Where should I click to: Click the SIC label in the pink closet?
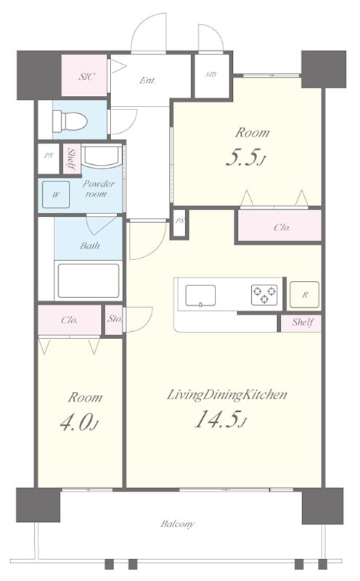point(86,77)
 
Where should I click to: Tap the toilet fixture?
point(70,121)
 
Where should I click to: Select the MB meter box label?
point(210,75)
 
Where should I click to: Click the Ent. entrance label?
point(147,80)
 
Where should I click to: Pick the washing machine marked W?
point(56,195)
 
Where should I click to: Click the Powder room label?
point(98,189)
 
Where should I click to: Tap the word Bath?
point(89,245)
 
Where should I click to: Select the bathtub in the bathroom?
point(89,280)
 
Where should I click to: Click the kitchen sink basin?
point(200,296)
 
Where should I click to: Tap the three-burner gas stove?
point(264,295)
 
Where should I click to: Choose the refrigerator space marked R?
point(304,295)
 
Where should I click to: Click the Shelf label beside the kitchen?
point(303,322)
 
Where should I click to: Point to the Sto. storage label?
point(114,319)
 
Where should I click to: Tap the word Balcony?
point(177,524)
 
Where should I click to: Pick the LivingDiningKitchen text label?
point(226,395)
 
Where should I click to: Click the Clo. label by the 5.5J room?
point(282,227)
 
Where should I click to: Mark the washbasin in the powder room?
point(102,155)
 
